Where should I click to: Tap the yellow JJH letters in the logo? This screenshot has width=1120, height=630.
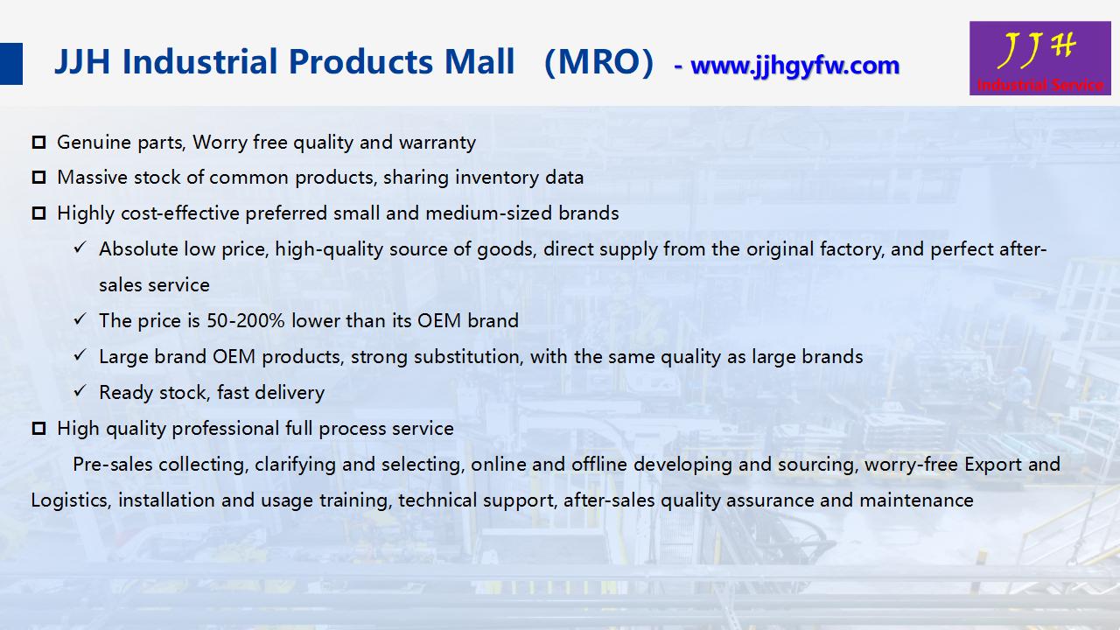pos(1035,49)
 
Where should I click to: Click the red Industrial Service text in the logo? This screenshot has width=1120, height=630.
pos(1040,85)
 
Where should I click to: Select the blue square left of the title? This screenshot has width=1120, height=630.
pos(11,64)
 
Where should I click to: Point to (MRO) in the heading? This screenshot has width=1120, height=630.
pos(598,62)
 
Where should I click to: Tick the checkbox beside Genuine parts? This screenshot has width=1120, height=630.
pos(38,143)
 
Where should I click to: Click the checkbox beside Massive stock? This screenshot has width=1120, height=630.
pos(38,178)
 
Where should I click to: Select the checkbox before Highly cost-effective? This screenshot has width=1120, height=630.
pos(38,213)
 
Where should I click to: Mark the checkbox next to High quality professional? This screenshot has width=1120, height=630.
pos(38,429)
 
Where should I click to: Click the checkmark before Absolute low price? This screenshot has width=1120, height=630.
pos(80,247)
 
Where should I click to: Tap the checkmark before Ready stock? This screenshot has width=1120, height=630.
pos(80,390)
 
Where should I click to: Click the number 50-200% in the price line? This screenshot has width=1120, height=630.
pos(246,320)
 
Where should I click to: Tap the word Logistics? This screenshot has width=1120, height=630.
pos(70,500)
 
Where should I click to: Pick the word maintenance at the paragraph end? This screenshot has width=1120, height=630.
pos(916,500)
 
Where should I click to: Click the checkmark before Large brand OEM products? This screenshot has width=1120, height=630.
pos(80,354)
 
